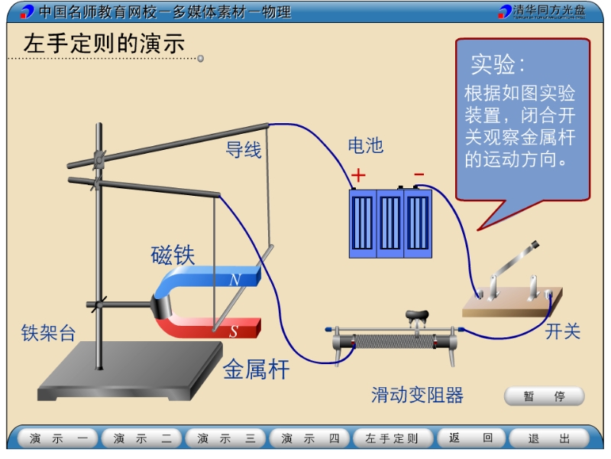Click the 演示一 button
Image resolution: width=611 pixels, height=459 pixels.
(x=58, y=438)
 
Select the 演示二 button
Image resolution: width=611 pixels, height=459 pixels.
(x=142, y=438)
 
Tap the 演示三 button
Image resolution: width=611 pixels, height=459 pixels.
(x=225, y=438)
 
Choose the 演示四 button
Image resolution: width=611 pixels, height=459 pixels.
(x=310, y=438)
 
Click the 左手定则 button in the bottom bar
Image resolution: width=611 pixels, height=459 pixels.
(x=393, y=438)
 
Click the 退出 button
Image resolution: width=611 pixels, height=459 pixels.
(x=548, y=438)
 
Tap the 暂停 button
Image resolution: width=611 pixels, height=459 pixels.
(x=544, y=396)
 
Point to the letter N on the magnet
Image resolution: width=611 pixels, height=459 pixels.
(x=235, y=279)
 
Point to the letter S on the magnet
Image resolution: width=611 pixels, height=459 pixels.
(x=234, y=331)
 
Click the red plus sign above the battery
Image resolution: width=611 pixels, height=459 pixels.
(x=358, y=175)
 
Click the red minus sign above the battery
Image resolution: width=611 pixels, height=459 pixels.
(x=419, y=174)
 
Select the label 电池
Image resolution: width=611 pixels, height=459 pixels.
(x=366, y=145)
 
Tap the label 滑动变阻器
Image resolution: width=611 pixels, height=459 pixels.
(x=417, y=395)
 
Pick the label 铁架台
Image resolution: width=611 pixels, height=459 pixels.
(x=48, y=333)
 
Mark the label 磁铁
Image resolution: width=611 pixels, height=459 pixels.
(x=173, y=255)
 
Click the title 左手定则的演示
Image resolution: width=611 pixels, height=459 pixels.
(x=104, y=43)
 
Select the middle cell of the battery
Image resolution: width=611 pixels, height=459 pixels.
(x=390, y=223)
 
